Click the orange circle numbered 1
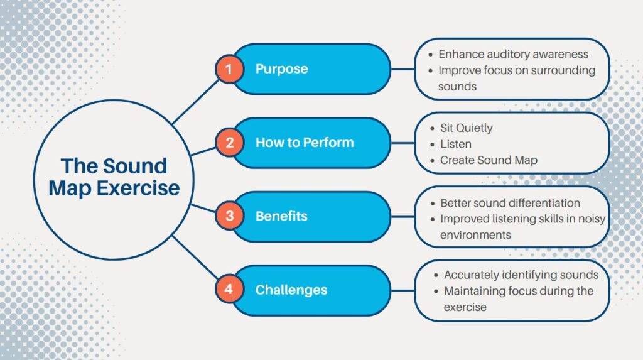point(229,69)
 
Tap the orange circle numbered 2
point(229,143)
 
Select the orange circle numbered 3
point(229,216)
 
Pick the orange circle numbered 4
point(229,290)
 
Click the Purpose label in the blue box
point(281,69)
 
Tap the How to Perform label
point(304,143)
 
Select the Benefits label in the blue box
point(281,216)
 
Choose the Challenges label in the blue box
point(291,290)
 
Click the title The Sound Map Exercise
point(114,177)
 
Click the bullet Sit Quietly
point(466,128)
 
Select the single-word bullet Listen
point(455,145)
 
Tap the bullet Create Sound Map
point(488,160)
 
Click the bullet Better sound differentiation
point(509,203)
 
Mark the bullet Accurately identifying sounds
point(521,275)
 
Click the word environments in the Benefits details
point(475,235)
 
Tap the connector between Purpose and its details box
point(403,69)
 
